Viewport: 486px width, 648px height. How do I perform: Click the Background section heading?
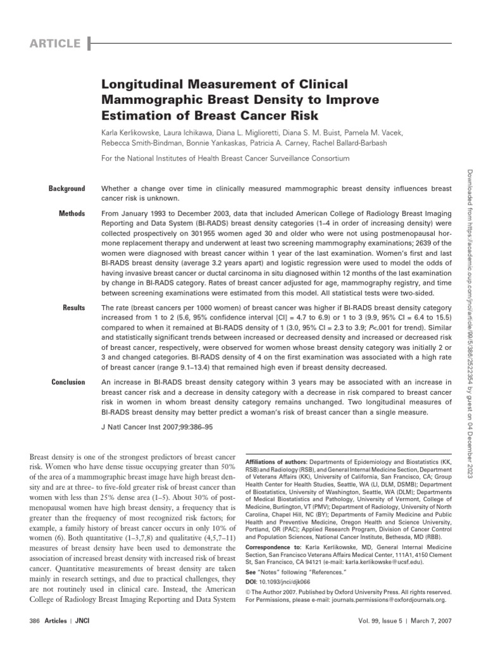pos(66,189)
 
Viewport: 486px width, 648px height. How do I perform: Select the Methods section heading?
pos(72,213)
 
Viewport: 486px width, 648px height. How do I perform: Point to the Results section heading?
pos(73,308)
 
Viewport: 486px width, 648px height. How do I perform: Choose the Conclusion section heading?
pos(68,382)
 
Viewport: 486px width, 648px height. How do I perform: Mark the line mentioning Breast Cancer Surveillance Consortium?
pos(225,158)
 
